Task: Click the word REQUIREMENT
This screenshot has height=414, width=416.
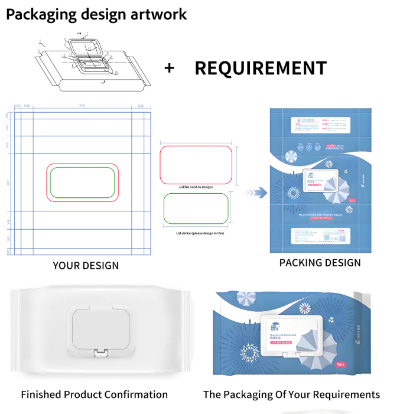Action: (x=260, y=69)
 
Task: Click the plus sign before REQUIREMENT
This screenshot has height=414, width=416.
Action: (x=170, y=69)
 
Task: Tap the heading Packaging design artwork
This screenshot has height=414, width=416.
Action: (x=96, y=14)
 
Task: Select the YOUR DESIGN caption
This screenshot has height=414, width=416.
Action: (x=86, y=266)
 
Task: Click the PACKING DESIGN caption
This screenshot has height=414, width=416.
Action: (x=320, y=262)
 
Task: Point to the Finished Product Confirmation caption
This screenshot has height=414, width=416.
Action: (x=95, y=395)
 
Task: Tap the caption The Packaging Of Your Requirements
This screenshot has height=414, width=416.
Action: (x=291, y=395)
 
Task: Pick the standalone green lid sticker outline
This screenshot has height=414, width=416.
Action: (x=196, y=208)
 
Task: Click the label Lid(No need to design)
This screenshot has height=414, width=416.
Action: (x=196, y=187)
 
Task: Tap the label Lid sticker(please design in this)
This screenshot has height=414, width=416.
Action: (x=196, y=233)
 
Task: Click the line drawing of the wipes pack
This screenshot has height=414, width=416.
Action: (x=89, y=62)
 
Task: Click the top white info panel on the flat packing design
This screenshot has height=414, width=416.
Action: (x=320, y=124)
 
